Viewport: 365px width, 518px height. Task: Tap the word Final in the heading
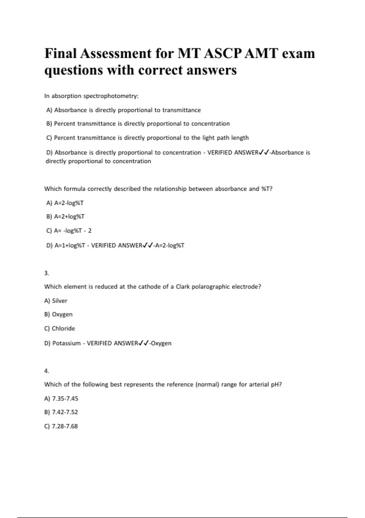point(61,54)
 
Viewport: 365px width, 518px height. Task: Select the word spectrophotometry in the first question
point(111,96)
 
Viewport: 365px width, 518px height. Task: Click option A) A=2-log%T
point(65,203)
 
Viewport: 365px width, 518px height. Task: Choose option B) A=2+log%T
point(65,217)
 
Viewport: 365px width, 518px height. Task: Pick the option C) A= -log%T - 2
point(69,231)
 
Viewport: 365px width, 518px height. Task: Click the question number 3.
point(47,273)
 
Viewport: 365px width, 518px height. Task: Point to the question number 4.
point(47,371)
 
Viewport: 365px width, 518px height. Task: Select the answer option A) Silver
point(56,301)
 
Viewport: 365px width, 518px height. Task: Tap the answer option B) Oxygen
point(58,314)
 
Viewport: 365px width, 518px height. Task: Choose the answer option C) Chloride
point(60,328)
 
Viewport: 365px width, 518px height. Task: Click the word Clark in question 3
point(183,287)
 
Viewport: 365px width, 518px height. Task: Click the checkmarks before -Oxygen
point(143,343)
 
